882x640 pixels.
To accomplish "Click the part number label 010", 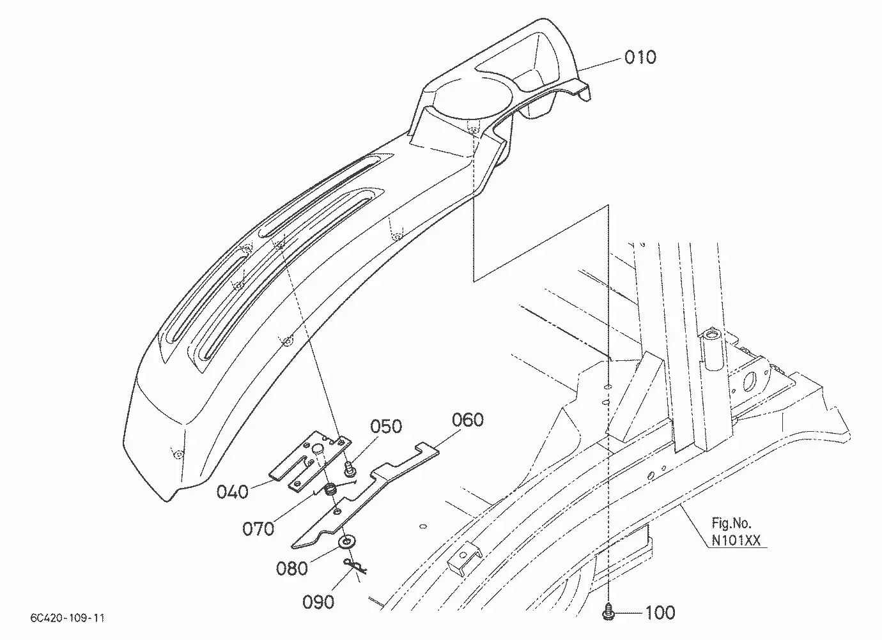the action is [x=640, y=57].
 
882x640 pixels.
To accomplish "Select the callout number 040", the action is [x=232, y=492].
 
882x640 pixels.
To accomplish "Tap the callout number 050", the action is [x=386, y=426].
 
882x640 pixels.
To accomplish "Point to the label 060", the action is [x=467, y=420].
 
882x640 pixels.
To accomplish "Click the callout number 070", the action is [x=258, y=529].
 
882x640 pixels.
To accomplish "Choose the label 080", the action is [x=292, y=568].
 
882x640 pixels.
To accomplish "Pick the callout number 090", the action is [x=318, y=602].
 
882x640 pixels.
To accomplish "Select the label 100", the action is [x=660, y=613].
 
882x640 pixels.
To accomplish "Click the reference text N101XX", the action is [x=736, y=540].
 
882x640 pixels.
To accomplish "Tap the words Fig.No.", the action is [x=731, y=523].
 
